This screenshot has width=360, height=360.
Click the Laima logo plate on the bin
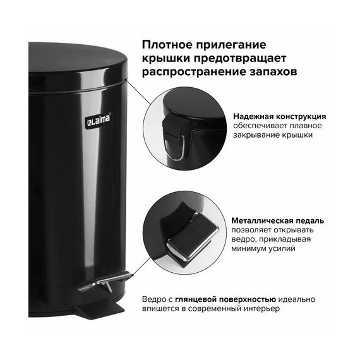(99, 120)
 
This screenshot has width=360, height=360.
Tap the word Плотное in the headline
(167, 45)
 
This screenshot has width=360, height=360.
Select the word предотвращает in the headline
(240, 58)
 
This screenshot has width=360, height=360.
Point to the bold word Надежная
(253, 117)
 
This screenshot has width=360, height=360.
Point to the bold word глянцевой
(196, 299)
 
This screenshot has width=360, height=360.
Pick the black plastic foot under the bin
(99, 309)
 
